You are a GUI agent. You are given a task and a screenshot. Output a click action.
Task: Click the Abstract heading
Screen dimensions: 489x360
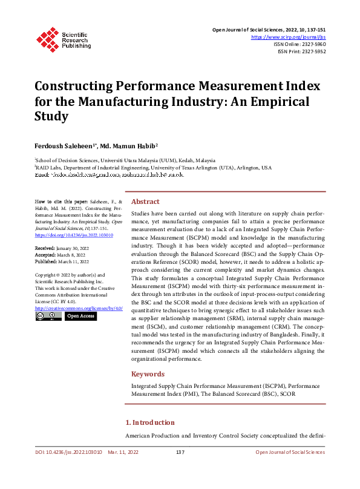point(145,202)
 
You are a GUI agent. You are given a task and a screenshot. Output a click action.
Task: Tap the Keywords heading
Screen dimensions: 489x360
point(148,374)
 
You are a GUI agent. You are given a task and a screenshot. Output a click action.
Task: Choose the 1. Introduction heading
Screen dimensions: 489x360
point(149,422)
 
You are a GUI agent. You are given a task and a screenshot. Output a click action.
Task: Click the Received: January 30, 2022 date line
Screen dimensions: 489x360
point(62,248)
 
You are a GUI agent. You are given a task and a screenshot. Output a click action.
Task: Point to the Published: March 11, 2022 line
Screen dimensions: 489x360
point(62,261)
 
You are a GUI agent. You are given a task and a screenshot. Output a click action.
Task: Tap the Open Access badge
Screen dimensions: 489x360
point(80,316)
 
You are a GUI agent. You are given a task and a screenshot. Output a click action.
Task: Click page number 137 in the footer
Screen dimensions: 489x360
point(180,452)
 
